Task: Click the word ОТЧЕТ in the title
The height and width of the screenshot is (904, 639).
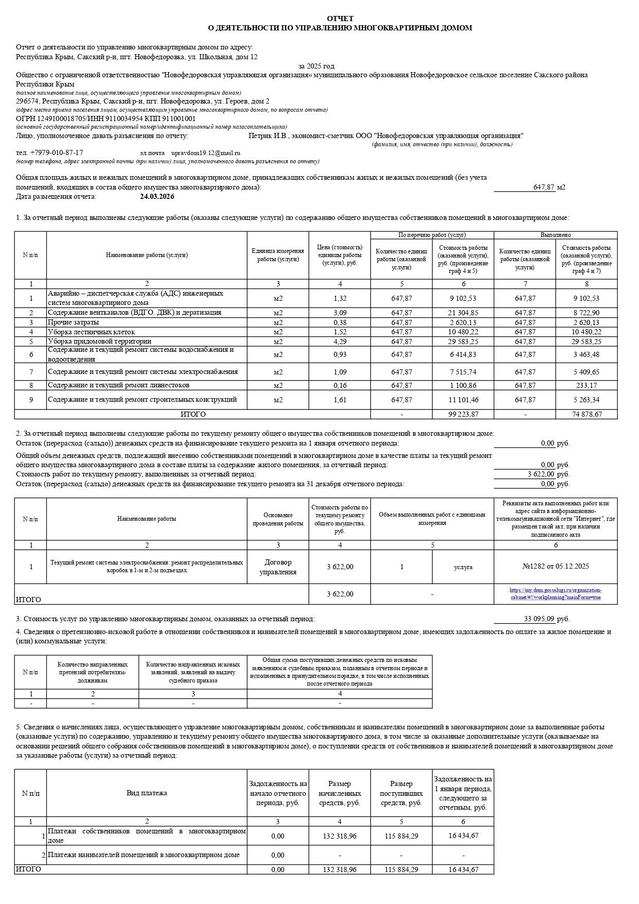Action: [x=340, y=19]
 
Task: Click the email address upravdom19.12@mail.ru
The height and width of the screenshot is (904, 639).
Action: [x=205, y=153]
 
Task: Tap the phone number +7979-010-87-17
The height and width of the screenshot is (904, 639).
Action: [x=56, y=153]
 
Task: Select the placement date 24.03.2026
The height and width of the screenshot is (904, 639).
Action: [x=157, y=196]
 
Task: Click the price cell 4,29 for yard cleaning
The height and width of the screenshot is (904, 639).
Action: [x=340, y=342]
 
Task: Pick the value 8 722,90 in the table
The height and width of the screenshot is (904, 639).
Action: [x=586, y=313]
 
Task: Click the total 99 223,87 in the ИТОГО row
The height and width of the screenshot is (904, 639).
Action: [x=463, y=414]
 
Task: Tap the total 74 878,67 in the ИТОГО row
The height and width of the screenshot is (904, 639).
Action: [x=586, y=414]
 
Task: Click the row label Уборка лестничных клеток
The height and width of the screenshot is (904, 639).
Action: [x=91, y=332]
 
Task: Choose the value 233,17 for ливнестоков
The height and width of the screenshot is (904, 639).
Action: [x=586, y=385]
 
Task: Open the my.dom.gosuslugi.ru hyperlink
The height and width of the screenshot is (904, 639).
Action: [x=555, y=593]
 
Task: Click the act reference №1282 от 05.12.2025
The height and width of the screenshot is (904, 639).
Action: [x=555, y=566]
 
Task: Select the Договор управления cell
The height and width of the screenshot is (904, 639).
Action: [x=278, y=567]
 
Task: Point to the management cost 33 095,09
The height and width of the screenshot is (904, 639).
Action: [x=539, y=619]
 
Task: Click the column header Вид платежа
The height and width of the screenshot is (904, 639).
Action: [x=147, y=793]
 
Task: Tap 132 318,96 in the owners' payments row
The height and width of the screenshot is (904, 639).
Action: [x=340, y=836]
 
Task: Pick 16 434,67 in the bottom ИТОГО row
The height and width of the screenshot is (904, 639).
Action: [x=463, y=869]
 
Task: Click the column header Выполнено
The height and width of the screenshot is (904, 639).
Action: [x=556, y=235]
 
